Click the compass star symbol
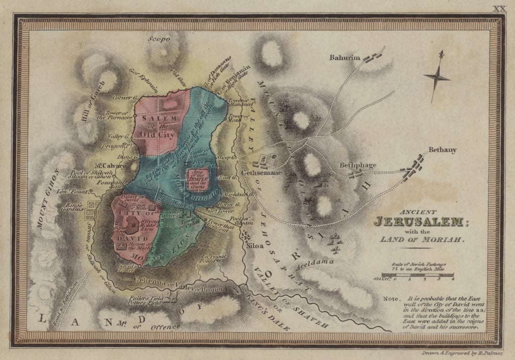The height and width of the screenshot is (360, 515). pos(437,76)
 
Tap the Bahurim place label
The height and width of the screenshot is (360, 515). pos(345,58)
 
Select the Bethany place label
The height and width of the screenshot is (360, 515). pos(443,150)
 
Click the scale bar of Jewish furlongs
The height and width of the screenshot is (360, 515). pos(418,275)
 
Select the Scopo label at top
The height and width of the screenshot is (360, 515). pos(159,38)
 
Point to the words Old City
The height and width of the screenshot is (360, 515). pos(157,135)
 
